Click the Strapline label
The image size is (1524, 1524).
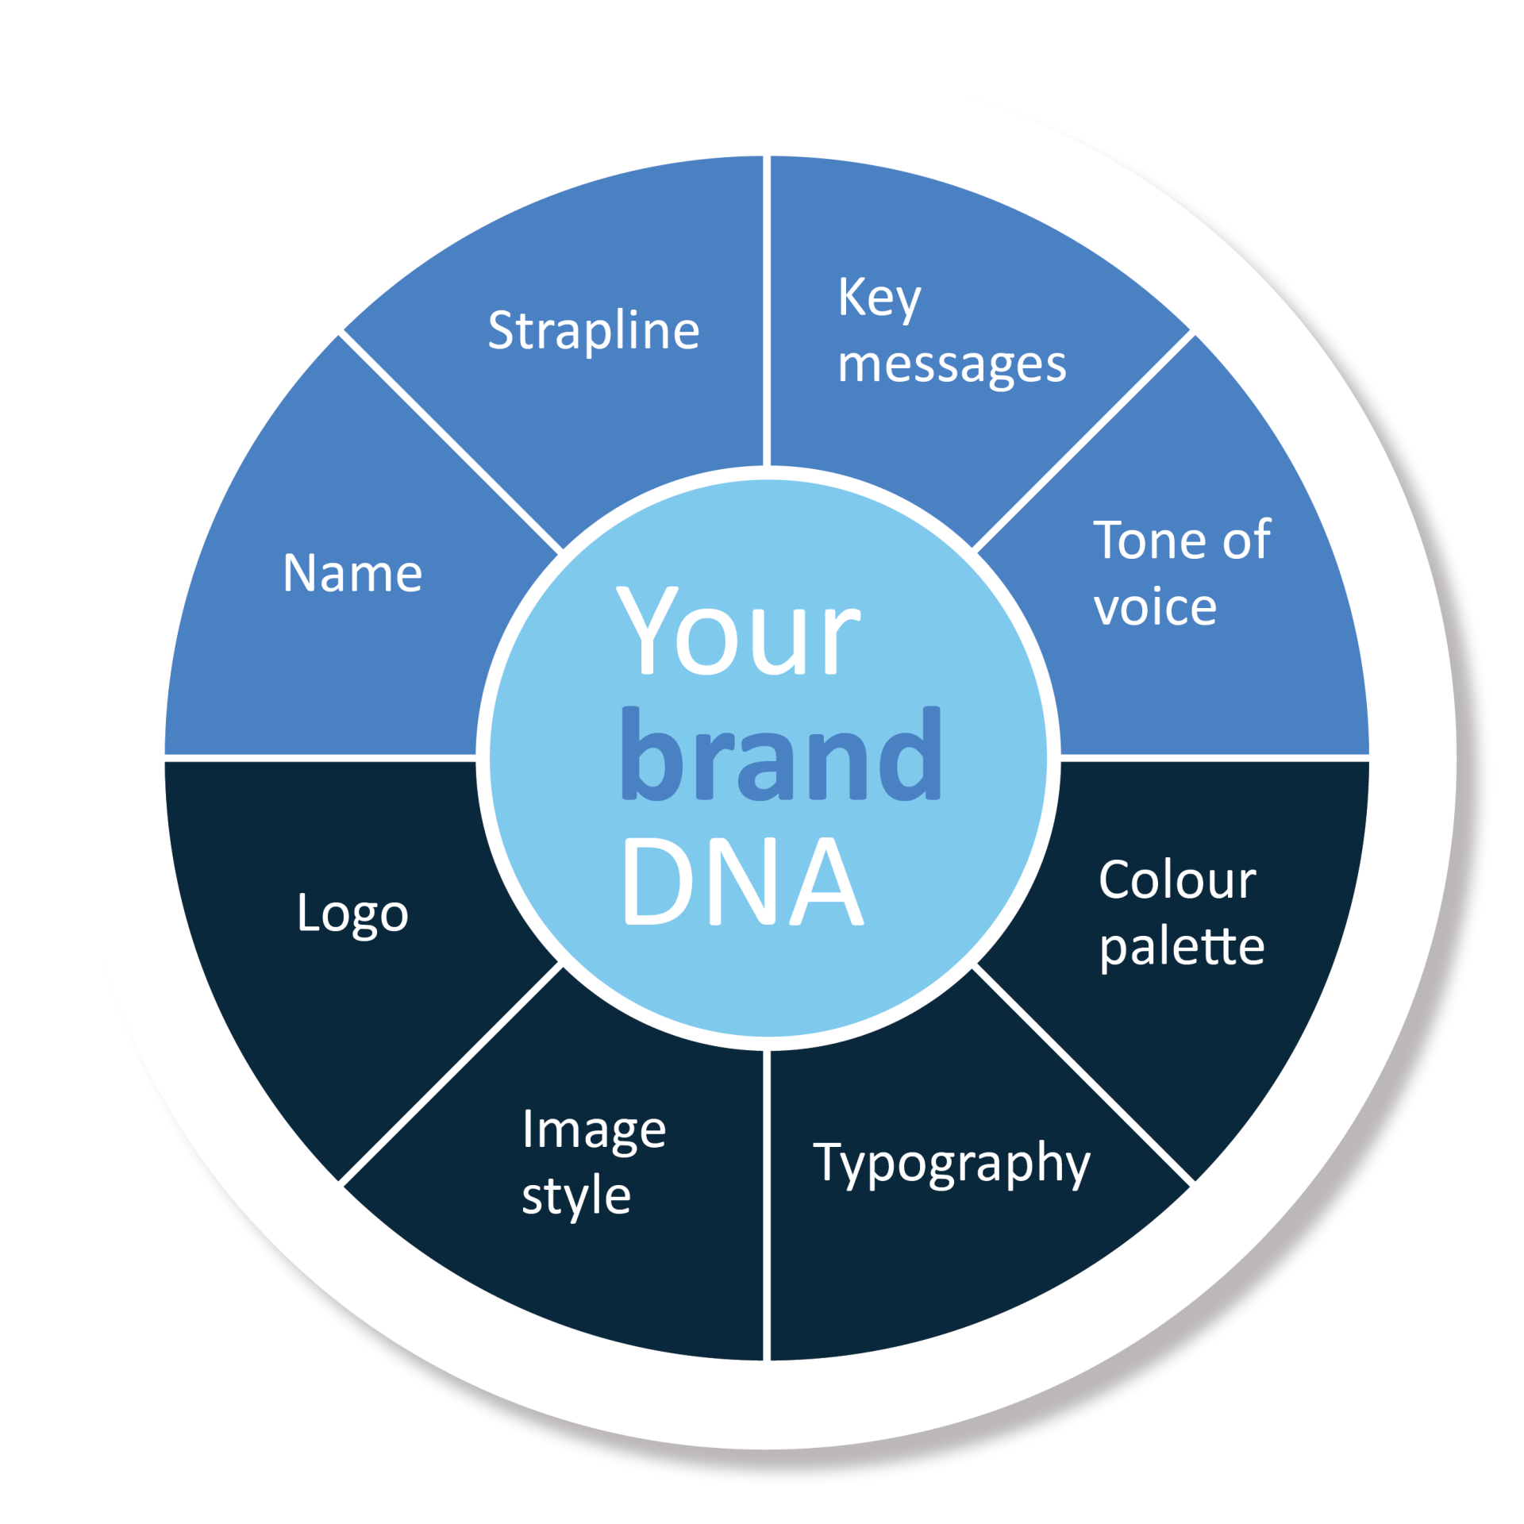tap(594, 331)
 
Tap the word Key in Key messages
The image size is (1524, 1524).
tap(879, 299)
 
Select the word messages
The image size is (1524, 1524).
tap(952, 366)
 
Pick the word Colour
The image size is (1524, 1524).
tap(1177, 880)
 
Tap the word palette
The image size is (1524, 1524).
tap(1182, 948)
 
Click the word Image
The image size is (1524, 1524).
tap(594, 1132)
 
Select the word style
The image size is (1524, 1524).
tap(576, 1197)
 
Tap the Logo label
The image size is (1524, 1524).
tap(352, 915)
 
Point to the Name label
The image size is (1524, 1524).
tap(352, 573)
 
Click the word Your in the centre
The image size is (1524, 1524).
tap(738, 632)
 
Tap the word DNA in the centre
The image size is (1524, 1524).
tap(743, 881)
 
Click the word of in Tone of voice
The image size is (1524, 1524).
tap(1247, 541)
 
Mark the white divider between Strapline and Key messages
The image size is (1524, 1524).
tap(767, 310)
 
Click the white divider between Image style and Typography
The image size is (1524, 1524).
tap(767, 1206)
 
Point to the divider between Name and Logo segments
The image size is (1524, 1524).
tap(320, 758)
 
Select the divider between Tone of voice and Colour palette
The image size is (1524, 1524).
tap(1215, 758)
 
